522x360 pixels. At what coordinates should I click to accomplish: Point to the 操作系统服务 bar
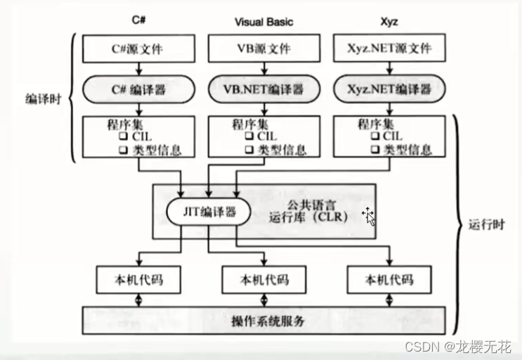(x=267, y=321)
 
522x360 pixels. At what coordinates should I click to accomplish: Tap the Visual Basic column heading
(x=263, y=22)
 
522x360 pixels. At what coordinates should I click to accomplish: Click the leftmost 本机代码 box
(x=137, y=280)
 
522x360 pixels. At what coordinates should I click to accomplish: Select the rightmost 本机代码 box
(x=389, y=280)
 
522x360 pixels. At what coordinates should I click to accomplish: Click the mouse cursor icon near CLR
(x=368, y=216)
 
